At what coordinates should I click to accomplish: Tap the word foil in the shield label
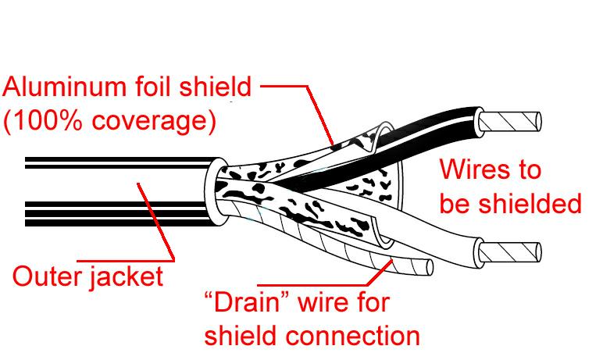[156, 87]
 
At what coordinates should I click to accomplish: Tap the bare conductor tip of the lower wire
[511, 252]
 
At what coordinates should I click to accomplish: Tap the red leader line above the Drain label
[328, 284]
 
